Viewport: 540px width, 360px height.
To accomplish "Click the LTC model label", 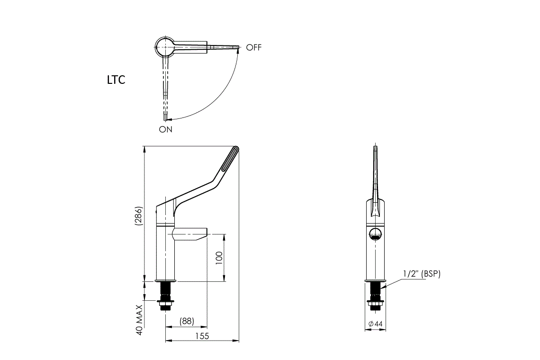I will tap(116, 80).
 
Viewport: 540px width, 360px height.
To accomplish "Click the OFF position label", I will tap(254, 47).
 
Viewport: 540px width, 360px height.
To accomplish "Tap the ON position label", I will tap(166, 129).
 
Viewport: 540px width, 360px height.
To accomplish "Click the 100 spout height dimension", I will tap(219, 258).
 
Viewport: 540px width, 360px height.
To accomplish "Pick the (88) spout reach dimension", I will tap(187, 321).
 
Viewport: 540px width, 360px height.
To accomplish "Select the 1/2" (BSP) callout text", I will tap(422, 274).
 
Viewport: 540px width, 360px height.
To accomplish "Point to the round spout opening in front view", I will tap(375, 233).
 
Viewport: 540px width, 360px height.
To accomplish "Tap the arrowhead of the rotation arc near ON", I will tap(170, 118).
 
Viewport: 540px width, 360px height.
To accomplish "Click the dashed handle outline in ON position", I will tap(165, 90).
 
